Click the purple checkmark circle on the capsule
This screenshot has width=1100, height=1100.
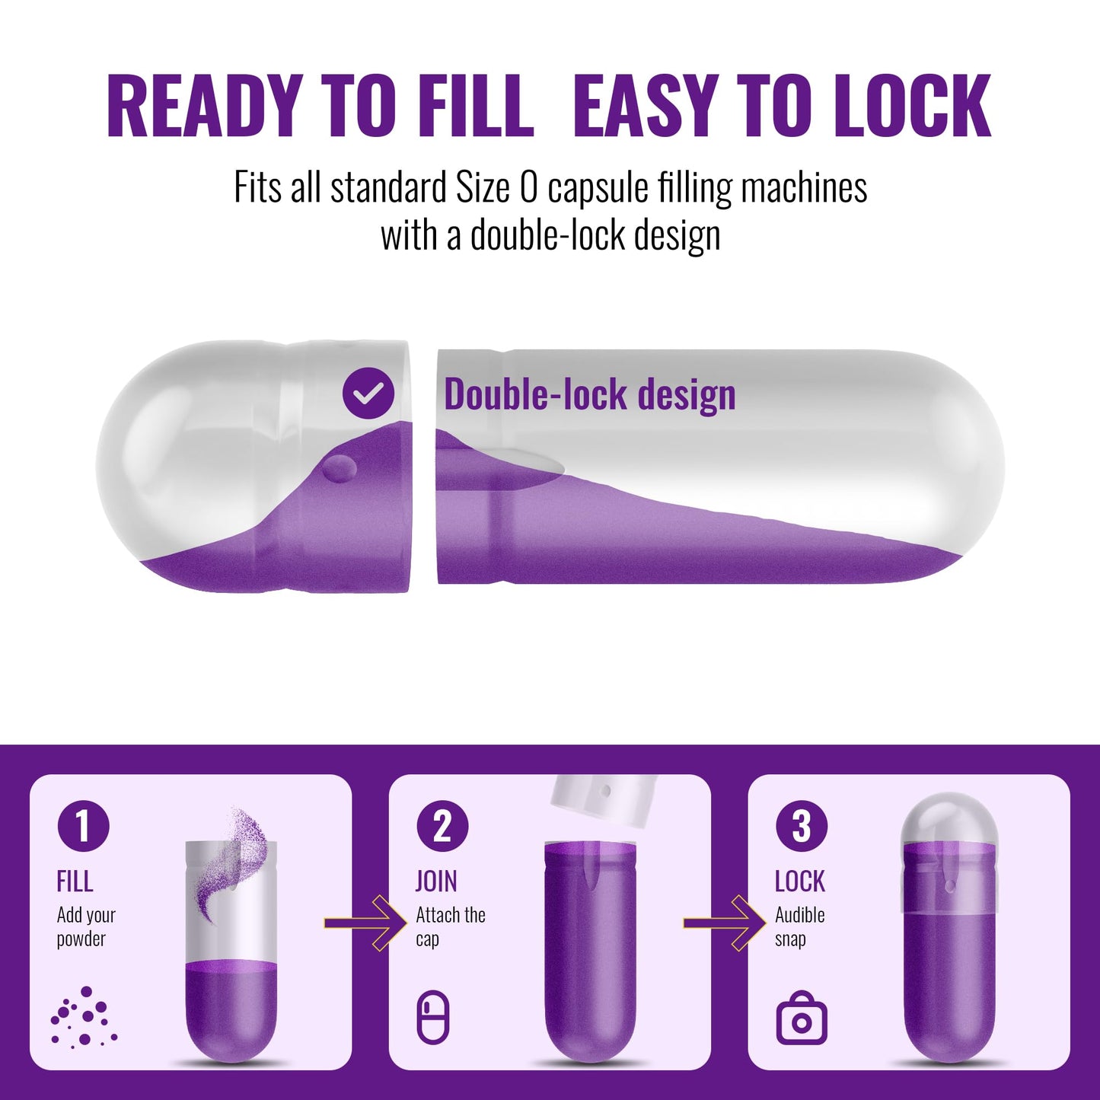point(368,393)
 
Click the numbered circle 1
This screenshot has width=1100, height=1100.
point(83,825)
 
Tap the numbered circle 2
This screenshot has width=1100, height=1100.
point(442,825)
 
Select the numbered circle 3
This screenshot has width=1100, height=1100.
point(802,825)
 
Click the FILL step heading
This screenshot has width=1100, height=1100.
point(75,882)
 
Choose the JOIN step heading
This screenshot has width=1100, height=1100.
point(436,882)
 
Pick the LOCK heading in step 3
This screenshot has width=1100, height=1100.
point(800,882)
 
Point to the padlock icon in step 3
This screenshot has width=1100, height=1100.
point(802,1025)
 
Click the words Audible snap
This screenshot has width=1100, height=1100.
point(799,927)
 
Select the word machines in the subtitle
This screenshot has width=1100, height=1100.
point(804,187)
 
